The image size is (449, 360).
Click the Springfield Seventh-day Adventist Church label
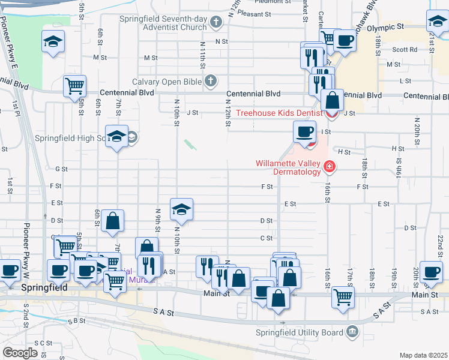170,23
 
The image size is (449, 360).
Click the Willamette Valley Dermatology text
289,167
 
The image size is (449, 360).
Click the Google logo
20,352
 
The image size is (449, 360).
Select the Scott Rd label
405,50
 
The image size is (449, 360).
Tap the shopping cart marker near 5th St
74,86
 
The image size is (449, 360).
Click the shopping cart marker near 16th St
343,296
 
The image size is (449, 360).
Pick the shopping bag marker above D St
112,220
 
